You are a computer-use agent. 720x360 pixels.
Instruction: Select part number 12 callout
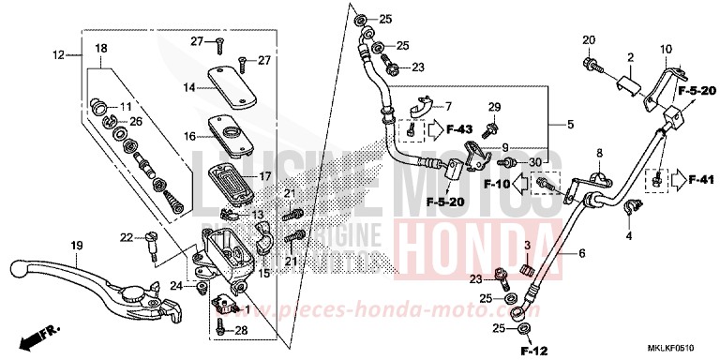pos(57,55)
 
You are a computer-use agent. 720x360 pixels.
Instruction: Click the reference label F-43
pos(459,128)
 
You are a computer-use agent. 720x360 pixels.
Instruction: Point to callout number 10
pos(666,49)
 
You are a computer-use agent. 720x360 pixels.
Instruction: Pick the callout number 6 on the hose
pos(581,253)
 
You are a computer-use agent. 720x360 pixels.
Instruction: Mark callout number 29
pos(495,109)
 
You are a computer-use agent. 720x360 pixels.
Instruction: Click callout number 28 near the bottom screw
pos(240,331)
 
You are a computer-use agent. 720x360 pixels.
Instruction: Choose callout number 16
pos(189,136)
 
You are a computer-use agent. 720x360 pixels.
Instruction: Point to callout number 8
pos(597,152)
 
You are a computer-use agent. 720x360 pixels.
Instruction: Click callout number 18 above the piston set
pos(101,48)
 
